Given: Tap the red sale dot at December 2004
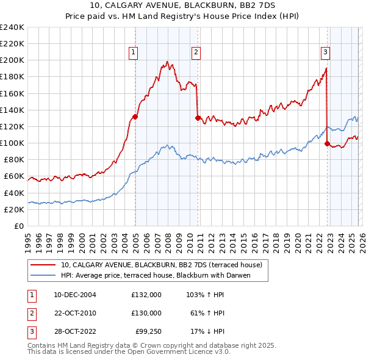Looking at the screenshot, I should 135,117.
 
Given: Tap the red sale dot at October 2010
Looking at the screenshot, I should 198,118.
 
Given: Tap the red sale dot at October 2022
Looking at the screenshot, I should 328,143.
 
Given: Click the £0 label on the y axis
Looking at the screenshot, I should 18,226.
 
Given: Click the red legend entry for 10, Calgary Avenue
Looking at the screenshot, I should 161,265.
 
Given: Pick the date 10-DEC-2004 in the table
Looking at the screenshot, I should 74,294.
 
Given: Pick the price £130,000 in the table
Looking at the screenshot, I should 146,313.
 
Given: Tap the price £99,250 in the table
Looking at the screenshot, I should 149,333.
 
